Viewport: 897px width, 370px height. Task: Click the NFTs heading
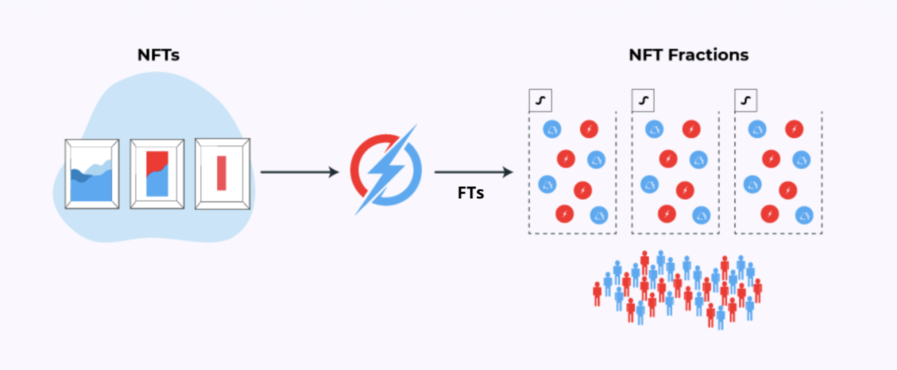coord(159,55)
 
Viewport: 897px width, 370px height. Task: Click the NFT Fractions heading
coord(688,55)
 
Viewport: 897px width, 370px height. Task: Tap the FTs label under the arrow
coord(470,193)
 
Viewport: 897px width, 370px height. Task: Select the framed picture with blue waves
coord(92,174)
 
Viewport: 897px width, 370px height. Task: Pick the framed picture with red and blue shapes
coord(157,174)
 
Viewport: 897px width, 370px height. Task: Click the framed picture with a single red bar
coord(223,174)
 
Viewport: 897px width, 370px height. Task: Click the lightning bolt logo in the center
coord(386,169)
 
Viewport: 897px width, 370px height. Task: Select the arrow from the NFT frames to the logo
coord(299,172)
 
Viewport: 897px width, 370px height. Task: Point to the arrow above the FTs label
coord(474,172)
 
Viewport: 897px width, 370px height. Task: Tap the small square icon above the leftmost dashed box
coord(540,101)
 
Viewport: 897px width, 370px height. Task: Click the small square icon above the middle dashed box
coord(643,101)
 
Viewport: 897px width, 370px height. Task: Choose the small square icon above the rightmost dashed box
coord(746,101)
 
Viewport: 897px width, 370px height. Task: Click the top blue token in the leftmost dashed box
coord(552,129)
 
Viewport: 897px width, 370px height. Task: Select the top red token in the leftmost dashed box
coord(589,129)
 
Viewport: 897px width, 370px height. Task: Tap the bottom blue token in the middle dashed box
coord(701,215)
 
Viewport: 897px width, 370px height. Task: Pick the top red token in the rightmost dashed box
coord(794,129)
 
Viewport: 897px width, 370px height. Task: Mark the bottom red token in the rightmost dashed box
coord(770,214)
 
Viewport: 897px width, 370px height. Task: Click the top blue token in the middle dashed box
coord(654,129)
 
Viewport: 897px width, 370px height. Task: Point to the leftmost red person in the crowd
coord(597,293)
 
